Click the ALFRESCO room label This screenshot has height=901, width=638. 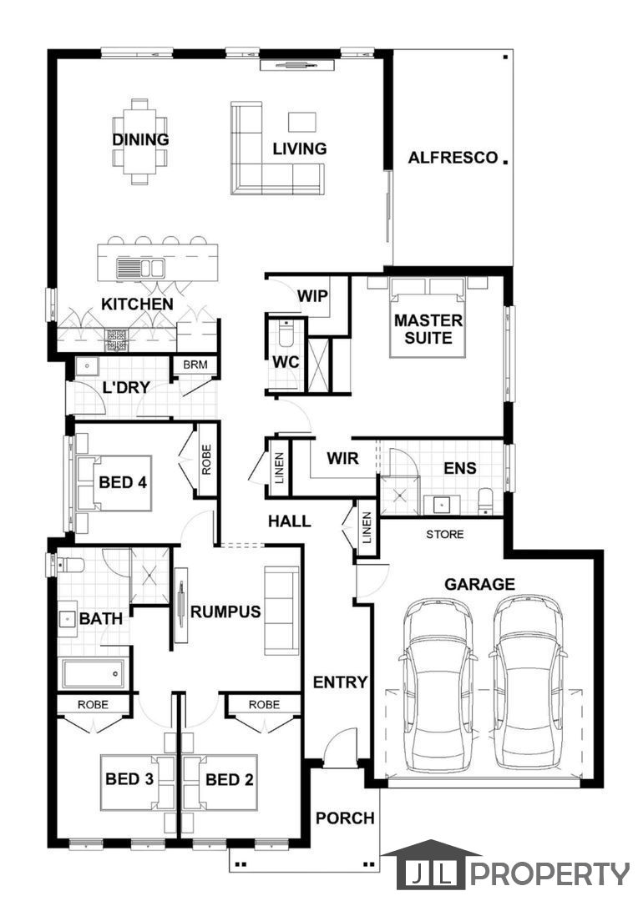click(453, 157)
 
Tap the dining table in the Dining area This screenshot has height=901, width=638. click(139, 141)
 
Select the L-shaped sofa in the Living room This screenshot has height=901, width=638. click(276, 148)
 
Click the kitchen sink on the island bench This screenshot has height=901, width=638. click(140, 267)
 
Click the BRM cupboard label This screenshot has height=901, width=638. click(195, 365)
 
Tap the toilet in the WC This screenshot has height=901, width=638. click(286, 333)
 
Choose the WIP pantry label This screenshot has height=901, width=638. click(312, 296)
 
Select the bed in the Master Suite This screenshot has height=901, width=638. click(428, 317)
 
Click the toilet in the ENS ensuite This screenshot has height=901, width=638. click(486, 501)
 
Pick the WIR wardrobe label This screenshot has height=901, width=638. click(342, 458)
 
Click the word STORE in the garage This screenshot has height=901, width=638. click(445, 535)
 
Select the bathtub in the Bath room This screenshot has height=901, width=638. click(94, 673)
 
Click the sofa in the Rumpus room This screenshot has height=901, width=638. click(281, 610)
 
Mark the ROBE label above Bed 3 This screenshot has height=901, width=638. click(93, 704)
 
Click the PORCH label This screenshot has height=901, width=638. click(345, 818)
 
